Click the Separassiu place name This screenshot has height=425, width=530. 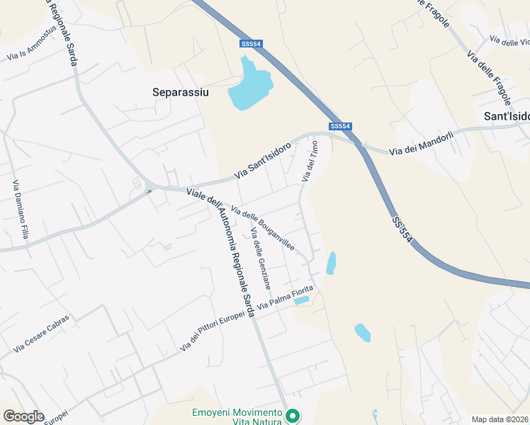click(176, 91)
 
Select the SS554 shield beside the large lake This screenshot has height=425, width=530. click(251, 44)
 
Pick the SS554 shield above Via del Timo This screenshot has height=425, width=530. click(341, 126)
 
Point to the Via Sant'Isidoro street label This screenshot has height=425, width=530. click(263, 161)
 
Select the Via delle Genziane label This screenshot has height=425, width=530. click(261, 259)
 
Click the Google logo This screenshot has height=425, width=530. click(23, 416)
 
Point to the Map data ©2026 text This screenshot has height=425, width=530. click(500, 419)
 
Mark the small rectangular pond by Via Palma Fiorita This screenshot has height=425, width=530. click(301, 300)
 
